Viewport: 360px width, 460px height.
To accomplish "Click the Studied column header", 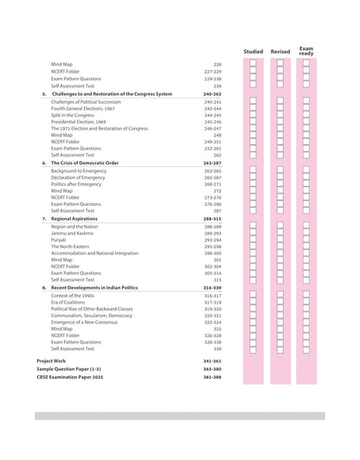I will point(253,51).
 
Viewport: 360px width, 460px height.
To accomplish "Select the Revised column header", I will point(280,51).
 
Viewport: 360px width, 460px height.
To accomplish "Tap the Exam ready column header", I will point(306,51).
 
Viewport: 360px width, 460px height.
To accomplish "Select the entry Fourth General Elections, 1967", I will point(85,108).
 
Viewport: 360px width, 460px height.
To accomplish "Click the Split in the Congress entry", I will point(73,115).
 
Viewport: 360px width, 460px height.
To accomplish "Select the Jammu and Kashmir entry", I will point(75,233).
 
